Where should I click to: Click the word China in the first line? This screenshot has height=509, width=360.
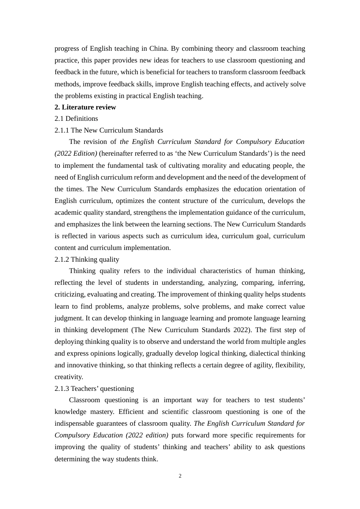158,48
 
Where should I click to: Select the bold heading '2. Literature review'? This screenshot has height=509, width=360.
85,107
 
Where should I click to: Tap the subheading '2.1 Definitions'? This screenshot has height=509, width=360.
76,119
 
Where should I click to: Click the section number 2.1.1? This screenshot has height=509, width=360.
62,130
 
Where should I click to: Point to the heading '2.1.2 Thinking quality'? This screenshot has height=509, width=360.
87,259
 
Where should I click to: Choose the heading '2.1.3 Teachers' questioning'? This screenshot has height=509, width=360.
94,389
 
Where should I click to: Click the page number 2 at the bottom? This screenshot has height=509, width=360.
180,476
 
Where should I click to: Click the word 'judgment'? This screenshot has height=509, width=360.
67,318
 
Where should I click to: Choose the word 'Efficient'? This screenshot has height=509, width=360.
131,412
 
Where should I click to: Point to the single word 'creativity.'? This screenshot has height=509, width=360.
69,377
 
